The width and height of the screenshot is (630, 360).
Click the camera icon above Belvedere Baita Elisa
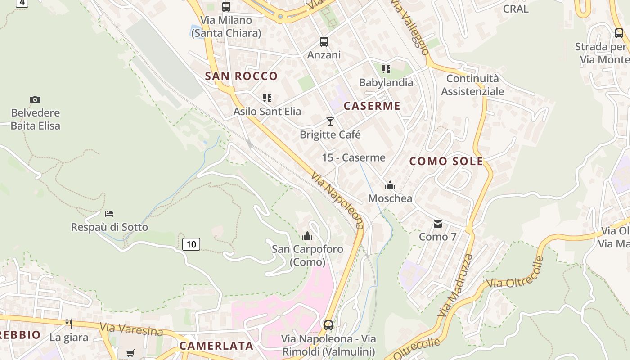click(35, 99)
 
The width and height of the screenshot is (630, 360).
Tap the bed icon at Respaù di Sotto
click(109, 213)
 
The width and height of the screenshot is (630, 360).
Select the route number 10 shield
click(191, 244)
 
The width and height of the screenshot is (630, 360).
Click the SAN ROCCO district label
click(241, 76)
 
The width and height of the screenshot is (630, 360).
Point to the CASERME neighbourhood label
click(372, 106)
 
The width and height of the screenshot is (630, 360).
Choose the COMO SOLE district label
click(446, 161)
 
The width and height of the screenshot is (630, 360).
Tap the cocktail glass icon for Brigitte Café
click(330, 121)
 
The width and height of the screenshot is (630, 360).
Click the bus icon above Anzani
click(324, 42)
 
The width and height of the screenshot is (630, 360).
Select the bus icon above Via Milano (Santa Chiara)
click(226, 7)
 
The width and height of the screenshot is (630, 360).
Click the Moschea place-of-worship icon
click(390, 185)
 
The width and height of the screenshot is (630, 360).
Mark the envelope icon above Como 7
click(437, 224)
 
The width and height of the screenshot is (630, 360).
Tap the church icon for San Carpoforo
click(307, 236)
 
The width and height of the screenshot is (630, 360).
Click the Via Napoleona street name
click(337, 200)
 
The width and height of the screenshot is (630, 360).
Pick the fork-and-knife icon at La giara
click(69, 324)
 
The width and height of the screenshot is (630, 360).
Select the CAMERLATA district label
click(216, 346)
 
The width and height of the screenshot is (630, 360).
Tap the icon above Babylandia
click(386, 69)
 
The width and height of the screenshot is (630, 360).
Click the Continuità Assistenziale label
click(472, 85)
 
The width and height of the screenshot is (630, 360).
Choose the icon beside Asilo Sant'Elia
click(267, 98)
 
